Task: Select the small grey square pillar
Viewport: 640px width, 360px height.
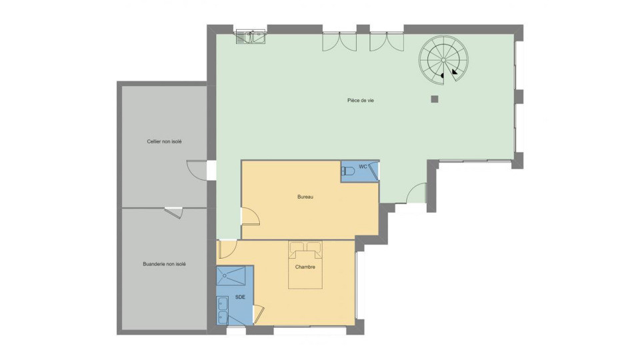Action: [x=434, y=99]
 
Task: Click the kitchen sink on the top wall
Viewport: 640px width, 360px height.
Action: [x=250, y=36]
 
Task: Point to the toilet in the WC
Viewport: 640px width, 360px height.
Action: [x=349, y=172]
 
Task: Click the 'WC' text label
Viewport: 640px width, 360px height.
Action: [x=363, y=166]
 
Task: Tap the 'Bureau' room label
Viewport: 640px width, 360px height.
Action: [x=305, y=197]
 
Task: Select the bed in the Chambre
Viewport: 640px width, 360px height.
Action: [x=305, y=265]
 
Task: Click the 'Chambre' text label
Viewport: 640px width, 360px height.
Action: [x=305, y=267]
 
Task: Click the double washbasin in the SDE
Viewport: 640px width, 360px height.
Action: [x=223, y=310]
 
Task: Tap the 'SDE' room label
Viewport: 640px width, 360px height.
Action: [x=241, y=297]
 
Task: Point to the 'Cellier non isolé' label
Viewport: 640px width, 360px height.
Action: [x=165, y=141]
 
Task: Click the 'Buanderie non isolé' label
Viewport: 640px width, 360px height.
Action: [x=165, y=264]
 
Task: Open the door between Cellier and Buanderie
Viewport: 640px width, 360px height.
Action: [x=173, y=212]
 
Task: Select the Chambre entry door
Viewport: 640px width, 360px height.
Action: [x=227, y=249]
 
